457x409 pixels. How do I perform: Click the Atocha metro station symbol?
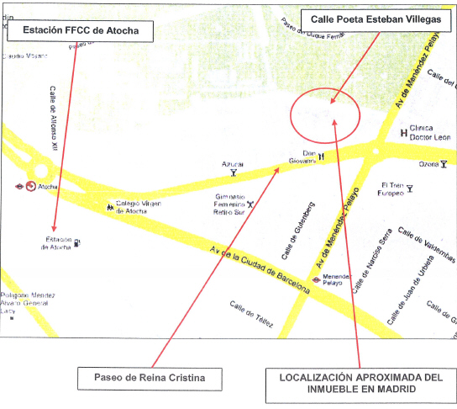[31, 186]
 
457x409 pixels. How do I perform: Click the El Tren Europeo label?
[393, 189]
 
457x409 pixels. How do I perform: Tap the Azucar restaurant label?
[233, 165]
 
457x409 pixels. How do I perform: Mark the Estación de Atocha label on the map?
[59, 243]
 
